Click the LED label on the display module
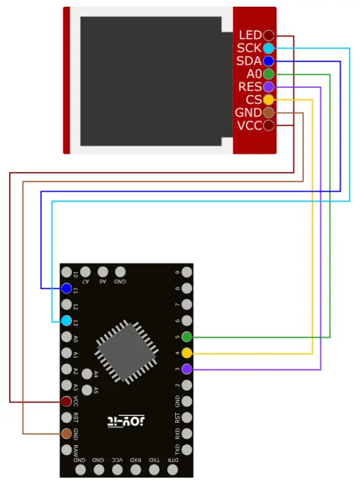(x=250, y=35)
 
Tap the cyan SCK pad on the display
(x=268, y=48)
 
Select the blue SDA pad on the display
(x=268, y=61)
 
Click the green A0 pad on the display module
(x=268, y=74)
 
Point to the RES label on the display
(x=250, y=87)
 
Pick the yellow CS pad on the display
(x=268, y=100)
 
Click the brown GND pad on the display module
(x=268, y=112)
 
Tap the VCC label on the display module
(x=249, y=125)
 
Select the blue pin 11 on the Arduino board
(x=67, y=288)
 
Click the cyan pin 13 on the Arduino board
(x=67, y=321)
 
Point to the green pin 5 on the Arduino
(x=187, y=337)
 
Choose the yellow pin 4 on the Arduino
(x=187, y=353)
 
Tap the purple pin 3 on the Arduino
(x=187, y=369)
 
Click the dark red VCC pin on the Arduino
(x=67, y=401)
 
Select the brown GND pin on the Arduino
(x=67, y=434)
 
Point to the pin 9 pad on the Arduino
(x=187, y=272)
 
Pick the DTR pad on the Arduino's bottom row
(x=173, y=470)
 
